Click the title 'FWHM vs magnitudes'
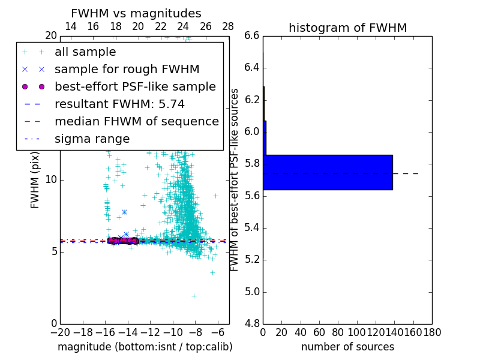pyautogui.click(x=136, y=13)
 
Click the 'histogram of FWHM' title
pyautogui.click(x=347, y=28)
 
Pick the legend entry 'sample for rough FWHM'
pyautogui.click(x=127, y=70)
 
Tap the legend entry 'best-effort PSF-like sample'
pyautogui.click(x=135, y=86)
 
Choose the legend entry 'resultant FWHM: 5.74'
pyautogui.click(x=119, y=104)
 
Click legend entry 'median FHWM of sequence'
pyautogui.click(x=136, y=121)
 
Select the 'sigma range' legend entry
pyautogui.click(x=92, y=139)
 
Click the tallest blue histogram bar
pyautogui.click(x=328, y=172)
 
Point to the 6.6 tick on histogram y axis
pyautogui.click(x=253, y=35)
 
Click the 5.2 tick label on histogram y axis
pyautogui.click(x=253, y=260)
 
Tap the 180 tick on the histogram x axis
pyautogui.click(x=431, y=332)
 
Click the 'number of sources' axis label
pyautogui.click(x=347, y=347)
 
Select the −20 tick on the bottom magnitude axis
pyautogui.click(x=60, y=332)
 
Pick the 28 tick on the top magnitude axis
pyautogui.click(x=229, y=26)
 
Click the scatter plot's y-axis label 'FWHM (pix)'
pyautogui.click(x=35, y=179)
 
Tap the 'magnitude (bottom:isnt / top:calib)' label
pyautogui.click(x=145, y=347)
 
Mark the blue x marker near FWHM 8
pyautogui.click(x=124, y=212)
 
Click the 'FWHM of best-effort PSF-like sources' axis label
pyautogui.click(x=235, y=179)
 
